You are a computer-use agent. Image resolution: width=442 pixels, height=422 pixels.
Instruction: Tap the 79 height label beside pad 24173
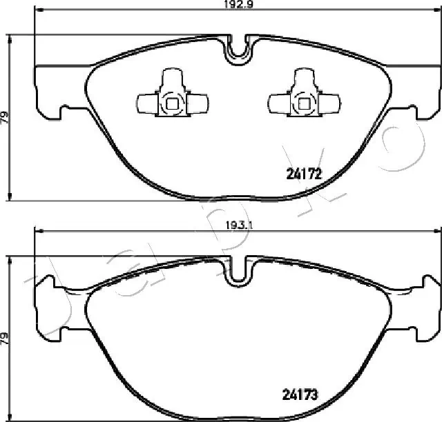(x=6, y=338)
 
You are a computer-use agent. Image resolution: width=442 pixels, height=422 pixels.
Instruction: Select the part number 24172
(x=303, y=174)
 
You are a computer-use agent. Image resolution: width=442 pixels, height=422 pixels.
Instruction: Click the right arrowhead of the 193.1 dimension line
(x=437, y=230)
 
